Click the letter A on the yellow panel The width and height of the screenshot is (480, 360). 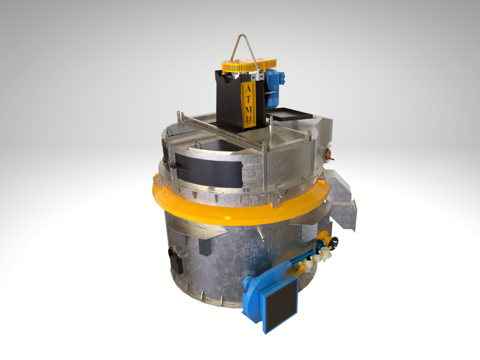248,89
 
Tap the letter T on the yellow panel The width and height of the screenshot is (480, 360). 248,99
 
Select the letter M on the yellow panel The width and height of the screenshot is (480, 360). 248,109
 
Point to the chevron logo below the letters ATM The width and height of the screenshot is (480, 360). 248,118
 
